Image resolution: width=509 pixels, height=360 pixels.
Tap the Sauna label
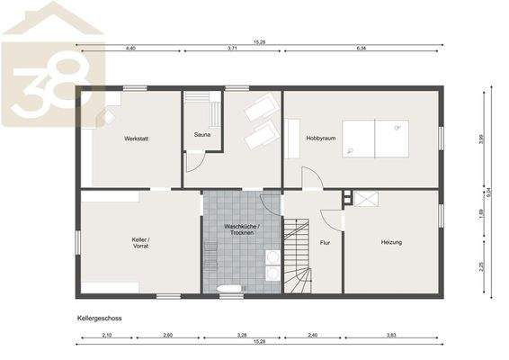tap(202, 135)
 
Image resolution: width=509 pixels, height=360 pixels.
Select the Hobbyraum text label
tap(320, 138)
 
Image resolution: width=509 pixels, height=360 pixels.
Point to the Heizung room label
tap(391, 242)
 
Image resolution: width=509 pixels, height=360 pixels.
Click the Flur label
tap(325, 242)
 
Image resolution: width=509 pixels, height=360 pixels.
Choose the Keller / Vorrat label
tap(140, 242)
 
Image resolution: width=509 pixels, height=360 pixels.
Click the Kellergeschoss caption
tap(100, 319)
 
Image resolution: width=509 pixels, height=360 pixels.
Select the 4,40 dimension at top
tap(129, 47)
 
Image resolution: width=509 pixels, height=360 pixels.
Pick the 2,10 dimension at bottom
tap(107, 335)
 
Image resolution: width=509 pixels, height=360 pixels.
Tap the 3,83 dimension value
tap(391, 335)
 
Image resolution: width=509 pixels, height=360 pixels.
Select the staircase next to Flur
tap(297, 256)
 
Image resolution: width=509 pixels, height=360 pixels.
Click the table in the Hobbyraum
tap(375, 139)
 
